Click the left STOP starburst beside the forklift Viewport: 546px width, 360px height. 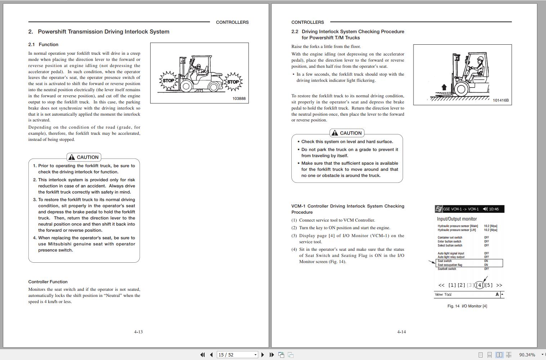[x=168, y=80]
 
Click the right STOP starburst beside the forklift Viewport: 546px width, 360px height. [x=233, y=82]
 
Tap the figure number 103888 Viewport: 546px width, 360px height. [x=239, y=99]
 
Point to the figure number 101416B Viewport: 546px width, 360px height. [x=501, y=101]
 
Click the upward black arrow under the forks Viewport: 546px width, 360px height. [x=444, y=87]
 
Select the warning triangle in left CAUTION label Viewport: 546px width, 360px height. [x=72, y=157]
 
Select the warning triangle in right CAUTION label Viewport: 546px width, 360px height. [x=335, y=133]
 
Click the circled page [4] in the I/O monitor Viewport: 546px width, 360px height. [x=479, y=285]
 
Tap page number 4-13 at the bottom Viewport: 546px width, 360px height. [x=138, y=332]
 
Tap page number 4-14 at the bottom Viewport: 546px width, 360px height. [x=401, y=332]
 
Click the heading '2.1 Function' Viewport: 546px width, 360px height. [x=43, y=45]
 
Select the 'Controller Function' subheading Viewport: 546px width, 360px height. [x=48, y=282]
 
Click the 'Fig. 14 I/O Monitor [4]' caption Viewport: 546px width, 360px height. [x=467, y=306]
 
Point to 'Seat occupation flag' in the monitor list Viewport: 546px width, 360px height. [x=450, y=265]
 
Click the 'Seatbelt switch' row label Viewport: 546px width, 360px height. [x=447, y=269]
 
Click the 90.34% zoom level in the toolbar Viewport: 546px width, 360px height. [x=527, y=355]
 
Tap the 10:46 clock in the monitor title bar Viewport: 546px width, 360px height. [x=494, y=209]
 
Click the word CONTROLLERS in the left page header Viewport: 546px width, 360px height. [x=232, y=22]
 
